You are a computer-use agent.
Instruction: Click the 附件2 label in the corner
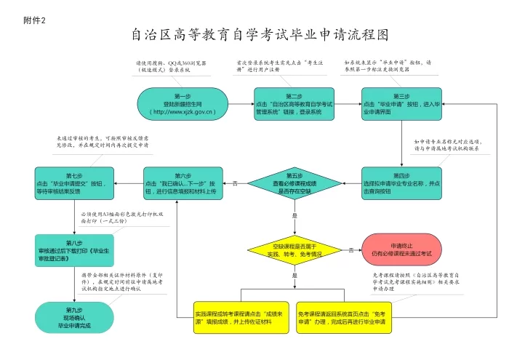[x=34, y=20]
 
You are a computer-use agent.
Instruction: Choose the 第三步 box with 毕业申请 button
[x=401, y=104]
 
